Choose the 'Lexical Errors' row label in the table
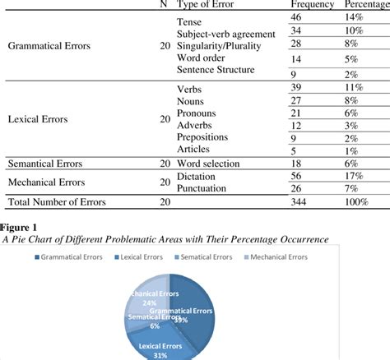39,119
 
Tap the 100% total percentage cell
357,202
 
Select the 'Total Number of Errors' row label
60,202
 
